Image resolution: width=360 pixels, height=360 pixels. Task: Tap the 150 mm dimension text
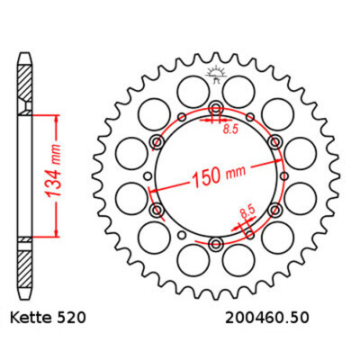click(x=219, y=175)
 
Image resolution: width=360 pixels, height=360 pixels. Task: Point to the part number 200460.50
click(x=266, y=318)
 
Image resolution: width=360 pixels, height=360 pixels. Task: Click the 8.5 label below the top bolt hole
click(x=230, y=130)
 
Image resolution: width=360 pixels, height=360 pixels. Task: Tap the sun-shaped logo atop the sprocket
click(x=216, y=74)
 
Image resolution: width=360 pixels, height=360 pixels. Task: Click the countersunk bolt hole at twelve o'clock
click(x=216, y=106)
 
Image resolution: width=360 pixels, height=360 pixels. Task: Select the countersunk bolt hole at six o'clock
click(x=215, y=244)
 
